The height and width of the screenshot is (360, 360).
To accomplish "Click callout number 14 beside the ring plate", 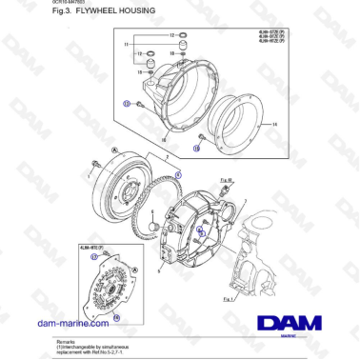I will point(273,125).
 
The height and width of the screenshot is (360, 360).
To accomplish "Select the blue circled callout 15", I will point(197,149).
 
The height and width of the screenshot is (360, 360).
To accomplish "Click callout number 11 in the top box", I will point(126,45).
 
